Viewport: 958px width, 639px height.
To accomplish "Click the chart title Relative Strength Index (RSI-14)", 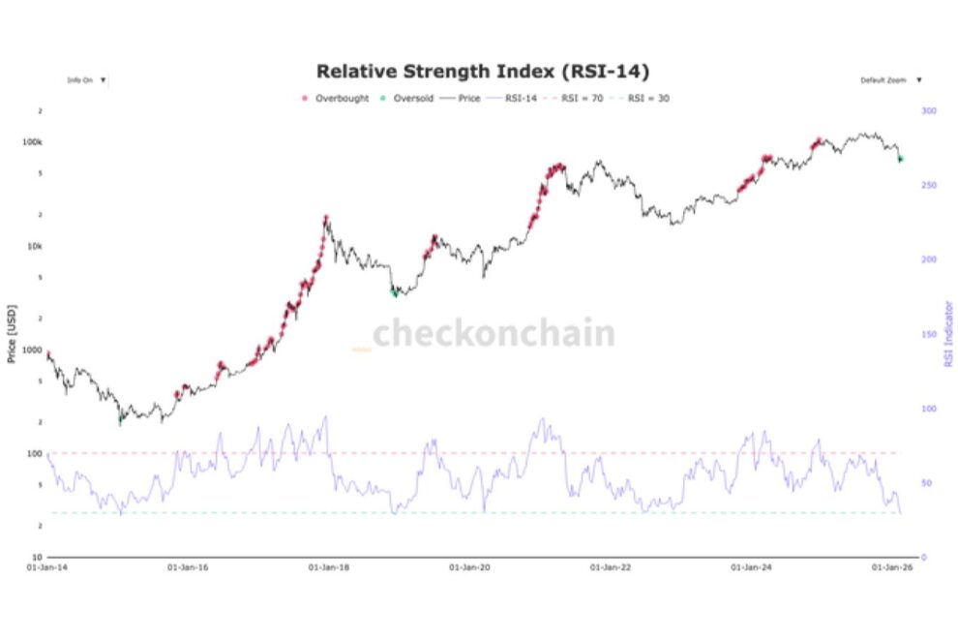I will click(482, 72).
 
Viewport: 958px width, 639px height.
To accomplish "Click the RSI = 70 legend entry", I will click(578, 99).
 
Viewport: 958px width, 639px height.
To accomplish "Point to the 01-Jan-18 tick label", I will click(331, 568).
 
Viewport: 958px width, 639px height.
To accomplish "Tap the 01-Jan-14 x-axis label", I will click(47, 568).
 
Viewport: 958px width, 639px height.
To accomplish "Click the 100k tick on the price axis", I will click(32, 142).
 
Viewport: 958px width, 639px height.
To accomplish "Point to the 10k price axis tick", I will click(34, 246).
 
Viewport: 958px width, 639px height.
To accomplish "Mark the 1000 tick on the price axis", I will click(32, 350).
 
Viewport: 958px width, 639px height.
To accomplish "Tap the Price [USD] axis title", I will click(12, 334).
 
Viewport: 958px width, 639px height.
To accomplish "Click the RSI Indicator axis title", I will click(948, 334).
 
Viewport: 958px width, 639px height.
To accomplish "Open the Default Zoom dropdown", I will click(890, 80).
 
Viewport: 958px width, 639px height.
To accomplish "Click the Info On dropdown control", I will click(86, 80).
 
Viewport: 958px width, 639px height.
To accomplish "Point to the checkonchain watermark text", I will click(494, 334).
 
